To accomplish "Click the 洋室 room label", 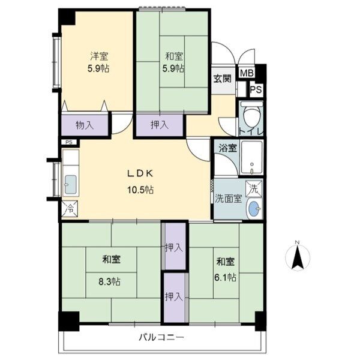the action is [x=99, y=56].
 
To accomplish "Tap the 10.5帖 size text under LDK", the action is [x=140, y=190].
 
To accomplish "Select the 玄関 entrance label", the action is [x=223, y=79].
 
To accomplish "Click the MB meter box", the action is [x=247, y=73].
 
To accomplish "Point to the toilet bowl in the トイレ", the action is [x=251, y=116].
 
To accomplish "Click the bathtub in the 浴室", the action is [x=251, y=157].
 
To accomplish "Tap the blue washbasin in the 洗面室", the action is [x=254, y=208].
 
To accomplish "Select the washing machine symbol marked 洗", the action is [x=254, y=188].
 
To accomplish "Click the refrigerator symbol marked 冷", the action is [x=70, y=209].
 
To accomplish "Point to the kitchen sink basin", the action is [x=70, y=184].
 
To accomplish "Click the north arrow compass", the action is [x=298, y=256].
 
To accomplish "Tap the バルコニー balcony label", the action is [x=161, y=337].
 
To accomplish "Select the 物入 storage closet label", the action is [x=85, y=125].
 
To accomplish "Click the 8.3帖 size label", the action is [x=110, y=281].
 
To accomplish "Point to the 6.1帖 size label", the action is [x=225, y=277].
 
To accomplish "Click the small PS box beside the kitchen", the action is [x=69, y=142].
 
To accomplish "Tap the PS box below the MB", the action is [x=256, y=89].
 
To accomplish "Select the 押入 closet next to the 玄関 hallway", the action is [x=160, y=125].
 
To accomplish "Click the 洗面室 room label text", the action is [x=229, y=199].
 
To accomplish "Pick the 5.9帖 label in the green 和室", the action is [x=173, y=68].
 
